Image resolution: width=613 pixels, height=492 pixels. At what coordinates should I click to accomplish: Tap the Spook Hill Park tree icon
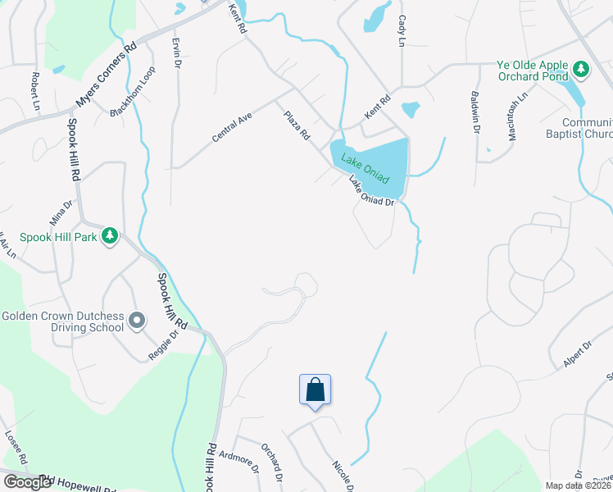[x=111, y=237]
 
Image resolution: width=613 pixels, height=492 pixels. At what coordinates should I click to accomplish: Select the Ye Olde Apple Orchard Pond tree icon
[x=581, y=69]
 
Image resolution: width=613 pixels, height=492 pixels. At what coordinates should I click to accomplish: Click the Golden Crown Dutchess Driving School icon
[x=137, y=320]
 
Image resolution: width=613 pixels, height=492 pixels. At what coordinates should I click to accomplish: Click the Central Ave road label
[x=232, y=128]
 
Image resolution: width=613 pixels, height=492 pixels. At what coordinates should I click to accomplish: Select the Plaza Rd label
[x=297, y=125]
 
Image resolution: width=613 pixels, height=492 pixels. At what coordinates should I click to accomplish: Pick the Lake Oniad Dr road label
[x=372, y=191]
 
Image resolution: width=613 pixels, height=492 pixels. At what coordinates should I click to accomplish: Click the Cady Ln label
[x=402, y=30]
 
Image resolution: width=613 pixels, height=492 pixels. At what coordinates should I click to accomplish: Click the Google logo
[x=27, y=482]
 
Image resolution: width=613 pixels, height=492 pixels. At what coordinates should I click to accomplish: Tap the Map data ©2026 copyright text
[x=578, y=485]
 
